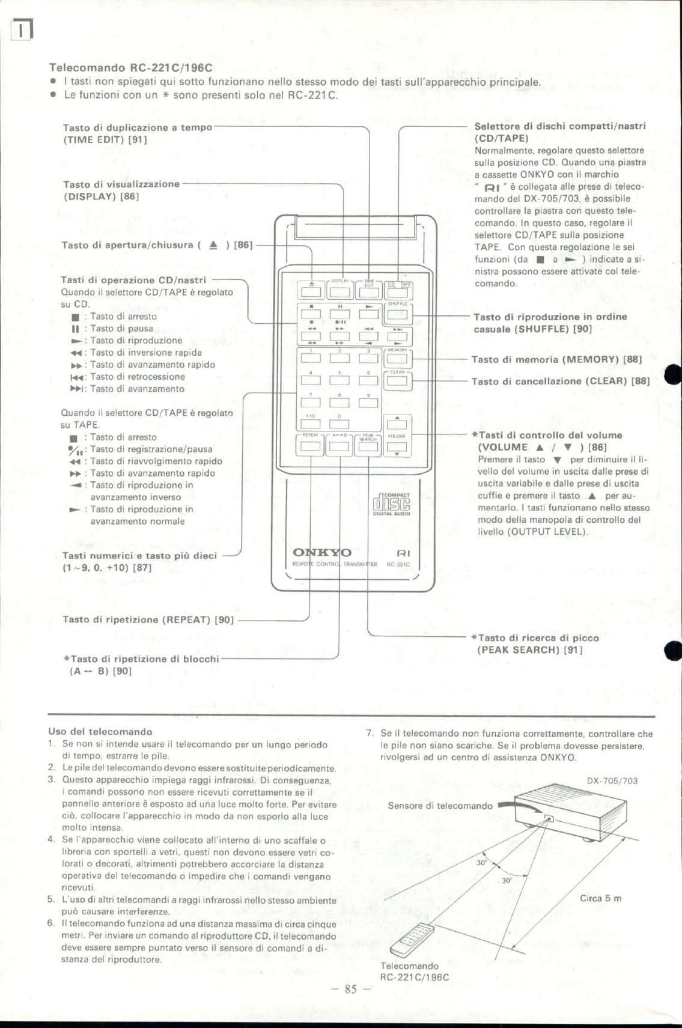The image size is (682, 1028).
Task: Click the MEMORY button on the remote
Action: (x=397, y=359)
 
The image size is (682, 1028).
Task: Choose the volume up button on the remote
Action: (x=397, y=424)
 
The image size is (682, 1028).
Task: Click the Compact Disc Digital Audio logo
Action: (x=391, y=504)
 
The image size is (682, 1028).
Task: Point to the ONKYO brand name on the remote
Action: (x=321, y=553)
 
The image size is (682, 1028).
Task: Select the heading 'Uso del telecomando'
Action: (x=100, y=732)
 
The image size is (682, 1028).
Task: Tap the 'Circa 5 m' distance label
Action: (x=600, y=899)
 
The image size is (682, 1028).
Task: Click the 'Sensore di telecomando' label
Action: (x=440, y=806)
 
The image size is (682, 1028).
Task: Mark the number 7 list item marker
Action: (x=369, y=734)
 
